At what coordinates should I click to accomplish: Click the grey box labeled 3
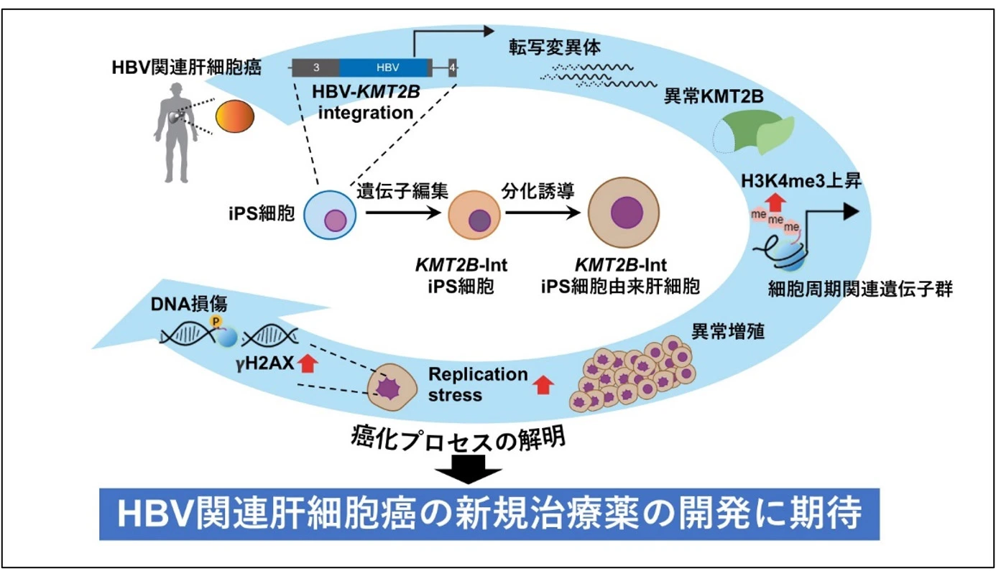point(316,68)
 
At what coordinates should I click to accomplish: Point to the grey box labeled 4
point(452,68)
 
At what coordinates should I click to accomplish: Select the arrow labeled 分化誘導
point(542,213)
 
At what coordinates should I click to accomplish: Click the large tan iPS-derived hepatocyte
point(622,213)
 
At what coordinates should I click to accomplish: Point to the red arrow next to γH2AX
point(308,364)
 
